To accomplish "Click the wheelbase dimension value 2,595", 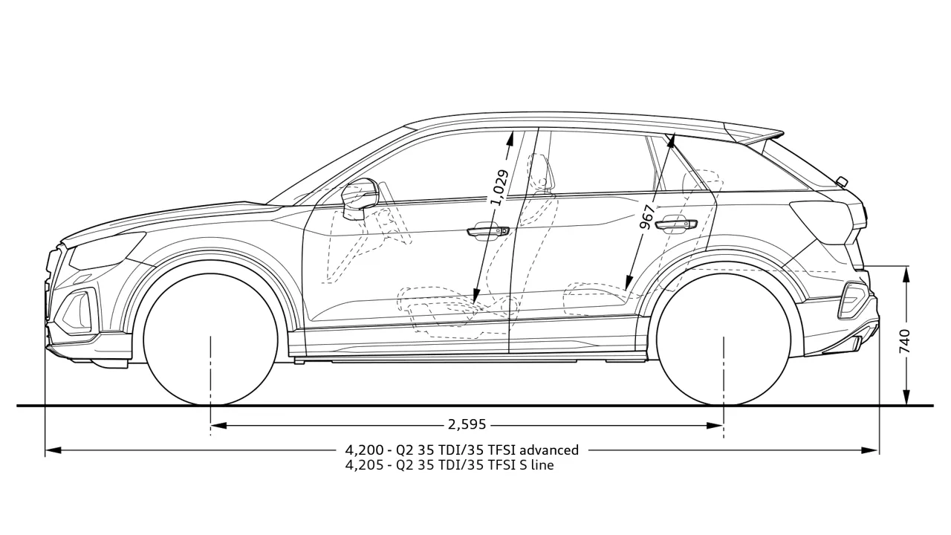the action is pyautogui.click(x=467, y=424).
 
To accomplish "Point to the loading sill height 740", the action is pyautogui.click(x=904, y=341).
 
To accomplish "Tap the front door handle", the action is pyautogui.click(x=488, y=231).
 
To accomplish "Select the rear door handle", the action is pyautogui.click(x=676, y=224).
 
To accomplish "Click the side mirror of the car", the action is pyautogui.click(x=359, y=198).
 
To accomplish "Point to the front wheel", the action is pyautogui.click(x=211, y=338).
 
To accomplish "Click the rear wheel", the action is pyautogui.click(x=724, y=338).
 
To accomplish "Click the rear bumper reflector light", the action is pyautogui.click(x=852, y=301).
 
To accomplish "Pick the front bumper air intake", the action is pyautogui.click(x=78, y=310).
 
